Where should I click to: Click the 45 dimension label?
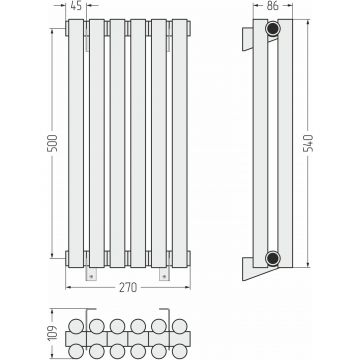[76, 6]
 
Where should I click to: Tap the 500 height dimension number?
[53, 143]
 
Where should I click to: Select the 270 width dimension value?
[128, 287]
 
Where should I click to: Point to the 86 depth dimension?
[273, 6]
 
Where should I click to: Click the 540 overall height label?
[309, 143]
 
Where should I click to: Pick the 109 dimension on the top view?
[53, 332]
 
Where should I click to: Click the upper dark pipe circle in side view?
[273, 29]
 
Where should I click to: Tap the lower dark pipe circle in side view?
[273, 258]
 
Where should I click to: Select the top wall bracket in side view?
[247, 39]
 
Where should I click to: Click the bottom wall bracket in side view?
[257, 269]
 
